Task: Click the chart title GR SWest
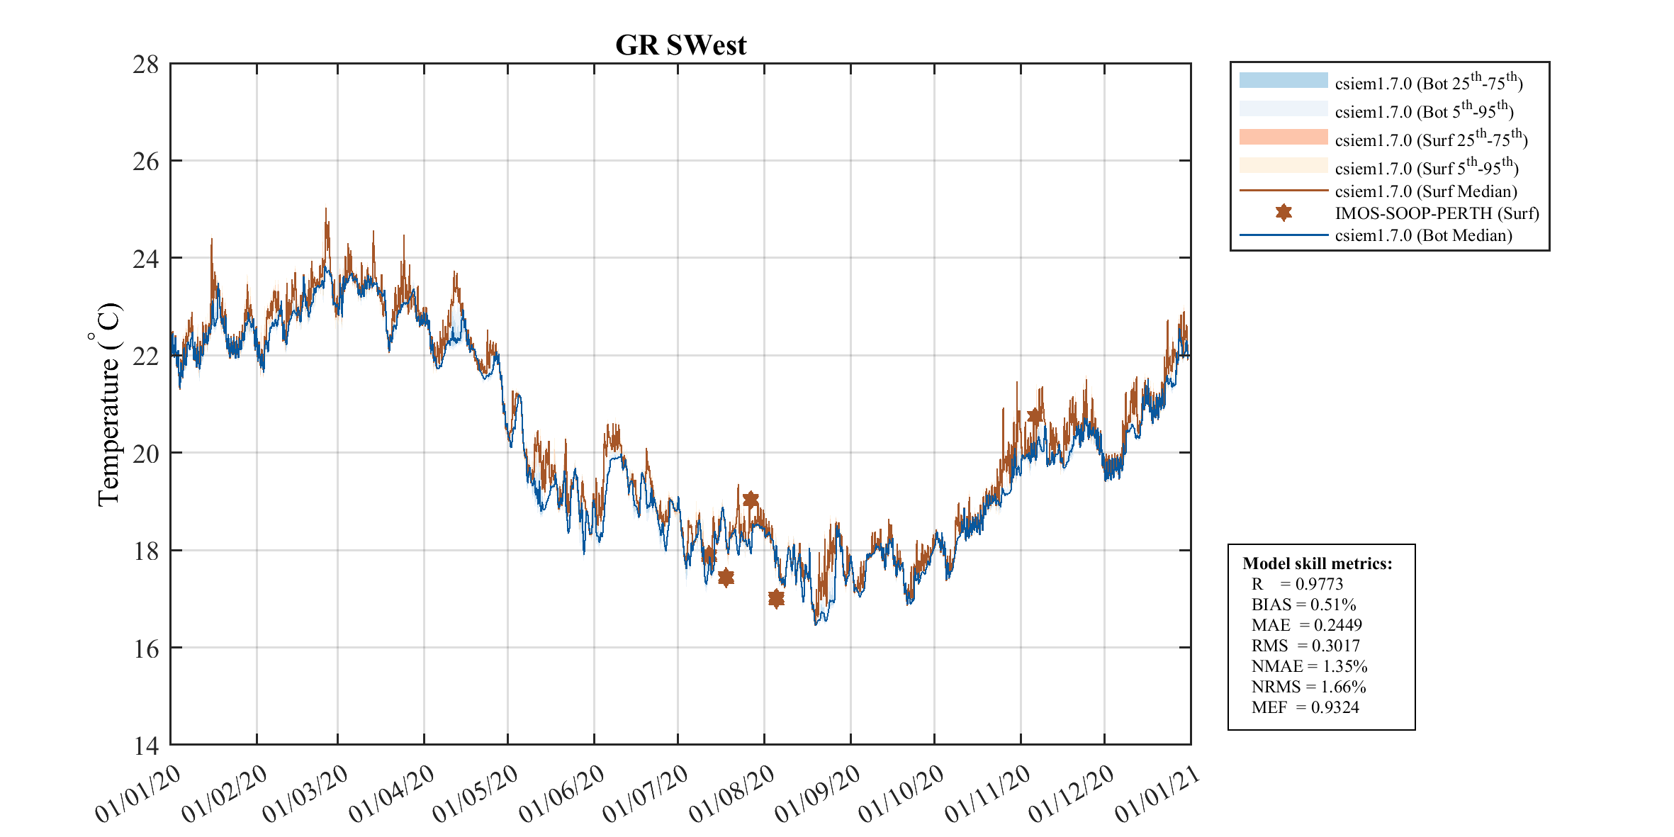680,45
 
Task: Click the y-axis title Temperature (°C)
108,405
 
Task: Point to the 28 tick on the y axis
146,64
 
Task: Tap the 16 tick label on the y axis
146,648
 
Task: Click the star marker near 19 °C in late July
751,500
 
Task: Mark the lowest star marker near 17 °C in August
776,599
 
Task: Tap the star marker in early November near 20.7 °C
1035,416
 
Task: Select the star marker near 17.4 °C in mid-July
726,578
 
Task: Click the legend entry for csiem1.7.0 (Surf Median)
1425,191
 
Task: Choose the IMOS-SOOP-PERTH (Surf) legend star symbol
1283,213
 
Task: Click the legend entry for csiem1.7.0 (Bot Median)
1423,235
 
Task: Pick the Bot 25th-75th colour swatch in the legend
1283,80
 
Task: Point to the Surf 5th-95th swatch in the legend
1283,165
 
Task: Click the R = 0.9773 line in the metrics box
1297,584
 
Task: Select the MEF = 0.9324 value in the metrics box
1305,707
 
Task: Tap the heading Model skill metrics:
1317,563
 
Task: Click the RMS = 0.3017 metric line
1305,646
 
